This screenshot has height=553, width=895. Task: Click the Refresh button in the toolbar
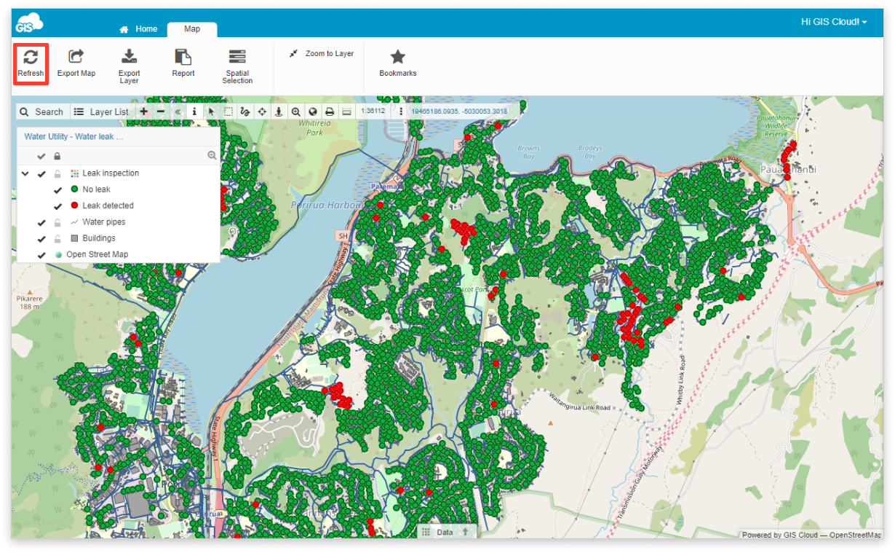coord(31,63)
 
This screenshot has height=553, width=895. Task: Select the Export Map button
coord(76,63)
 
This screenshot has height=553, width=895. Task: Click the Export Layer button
coord(129,66)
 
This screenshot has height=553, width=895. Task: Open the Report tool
coord(183,63)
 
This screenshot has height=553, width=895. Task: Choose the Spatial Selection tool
coord(237,66)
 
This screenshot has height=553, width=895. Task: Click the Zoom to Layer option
coord(322,54)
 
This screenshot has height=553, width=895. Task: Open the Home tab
coord(139,29)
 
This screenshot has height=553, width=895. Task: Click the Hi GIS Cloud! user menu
coord(834,22)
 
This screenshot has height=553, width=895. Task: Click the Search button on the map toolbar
coord(41,111)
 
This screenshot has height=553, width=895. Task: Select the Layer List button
coord(101,111)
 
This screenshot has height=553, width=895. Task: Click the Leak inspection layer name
coord(111,173)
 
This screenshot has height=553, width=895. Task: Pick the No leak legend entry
coord(96,189)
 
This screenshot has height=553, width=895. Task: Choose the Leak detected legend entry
coord(108,205)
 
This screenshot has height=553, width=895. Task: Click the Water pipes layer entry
coord(103,222)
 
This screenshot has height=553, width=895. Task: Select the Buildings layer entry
coord(98,238)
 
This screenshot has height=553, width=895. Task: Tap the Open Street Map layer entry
coord(97,254)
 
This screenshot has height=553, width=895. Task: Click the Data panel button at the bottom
coord(445,532)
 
